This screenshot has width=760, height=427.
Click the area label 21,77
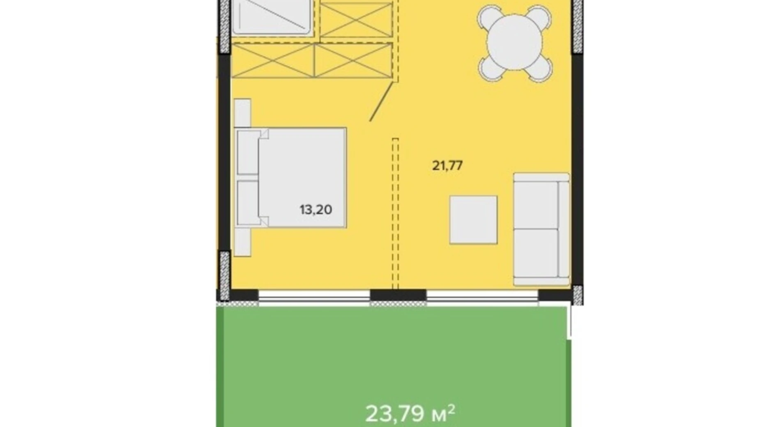click(447, 165)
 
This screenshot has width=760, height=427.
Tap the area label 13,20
click(316, 210)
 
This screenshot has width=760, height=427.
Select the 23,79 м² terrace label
click(410, 413)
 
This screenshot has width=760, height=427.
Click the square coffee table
click(473, 220)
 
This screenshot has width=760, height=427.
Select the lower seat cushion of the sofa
click(536, 253)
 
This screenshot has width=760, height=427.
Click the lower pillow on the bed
click(248, 203)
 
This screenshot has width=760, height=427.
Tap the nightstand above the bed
click(242, 113)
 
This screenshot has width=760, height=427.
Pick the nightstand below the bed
click(242, 242)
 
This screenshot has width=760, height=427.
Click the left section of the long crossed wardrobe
click(273, 61)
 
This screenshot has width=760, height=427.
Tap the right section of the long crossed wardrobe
click(353, 61)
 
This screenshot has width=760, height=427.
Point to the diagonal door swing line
click(382, 101)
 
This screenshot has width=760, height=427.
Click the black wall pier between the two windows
click(398, 295)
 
